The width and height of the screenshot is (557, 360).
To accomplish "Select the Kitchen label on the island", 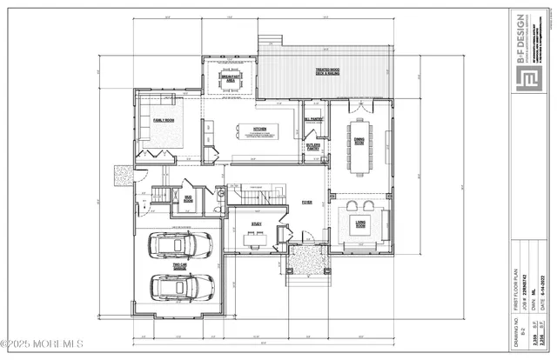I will pos(258,129).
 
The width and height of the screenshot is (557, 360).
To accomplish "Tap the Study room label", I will pos(257,224).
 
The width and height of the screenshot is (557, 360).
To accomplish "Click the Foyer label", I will pos(306,202).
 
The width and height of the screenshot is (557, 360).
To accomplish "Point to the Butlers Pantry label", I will pos(312,148).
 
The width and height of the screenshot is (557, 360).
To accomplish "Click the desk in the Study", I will pos(254,243).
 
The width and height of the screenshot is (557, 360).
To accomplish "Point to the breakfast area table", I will pos(230,88).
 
